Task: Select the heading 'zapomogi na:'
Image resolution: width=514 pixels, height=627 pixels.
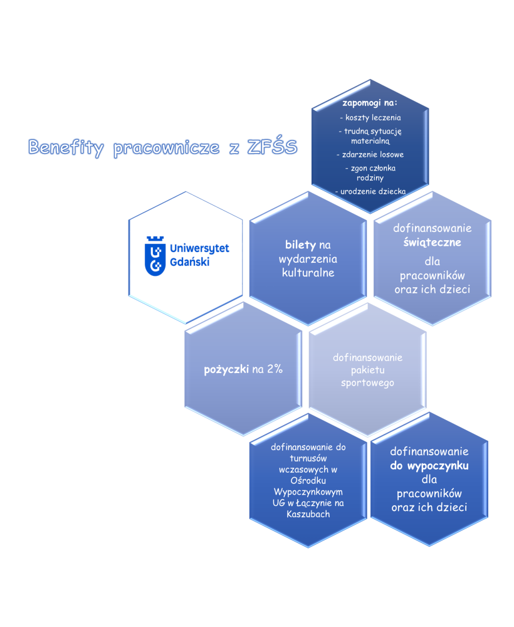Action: [370, 102]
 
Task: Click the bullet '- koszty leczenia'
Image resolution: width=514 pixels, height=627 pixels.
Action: [370, 117]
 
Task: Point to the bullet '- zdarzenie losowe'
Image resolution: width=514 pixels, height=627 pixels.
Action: [370, 154]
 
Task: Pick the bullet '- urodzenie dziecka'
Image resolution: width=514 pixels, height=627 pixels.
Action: [370, 191]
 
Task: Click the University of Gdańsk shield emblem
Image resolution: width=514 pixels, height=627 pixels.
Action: [155, 256]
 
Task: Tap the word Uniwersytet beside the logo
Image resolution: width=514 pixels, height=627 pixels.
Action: [199, 249]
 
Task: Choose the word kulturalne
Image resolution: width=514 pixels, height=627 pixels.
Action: [307, 273]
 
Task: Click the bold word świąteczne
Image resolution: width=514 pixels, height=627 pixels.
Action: [432, 242]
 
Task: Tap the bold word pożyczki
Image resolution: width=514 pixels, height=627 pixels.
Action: [226, 369]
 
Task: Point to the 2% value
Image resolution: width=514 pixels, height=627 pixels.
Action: [275, 369]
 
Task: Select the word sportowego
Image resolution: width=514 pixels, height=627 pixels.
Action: [367, 382]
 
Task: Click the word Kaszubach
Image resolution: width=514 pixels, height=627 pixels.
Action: [308, 514]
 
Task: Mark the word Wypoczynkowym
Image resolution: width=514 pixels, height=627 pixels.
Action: [308, 492]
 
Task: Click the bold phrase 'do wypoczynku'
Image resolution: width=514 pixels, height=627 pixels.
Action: [429, 466]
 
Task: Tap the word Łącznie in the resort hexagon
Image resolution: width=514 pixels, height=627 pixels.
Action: [315, 503]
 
